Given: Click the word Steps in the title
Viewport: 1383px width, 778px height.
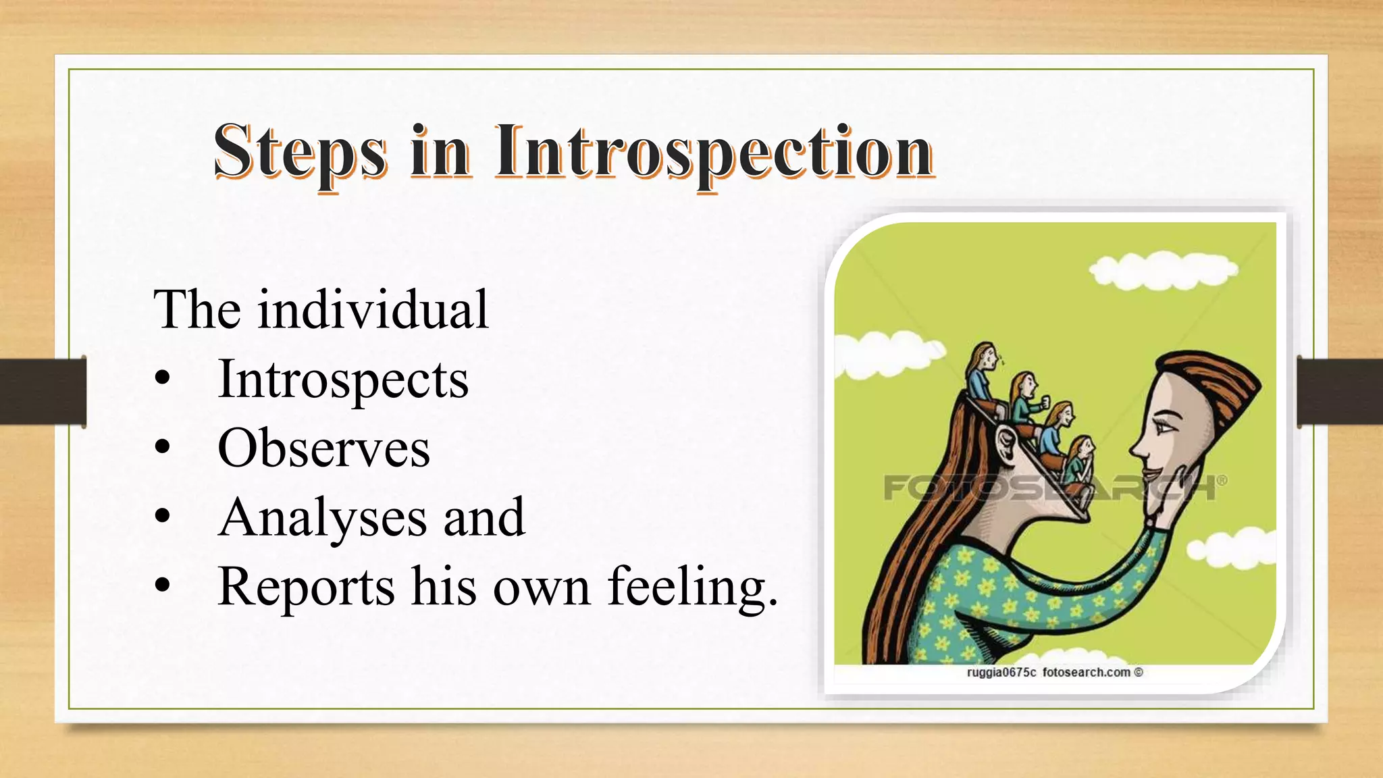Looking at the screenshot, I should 301,152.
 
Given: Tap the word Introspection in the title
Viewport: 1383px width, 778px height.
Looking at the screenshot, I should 714,152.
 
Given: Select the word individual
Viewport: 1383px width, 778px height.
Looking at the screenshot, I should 372,310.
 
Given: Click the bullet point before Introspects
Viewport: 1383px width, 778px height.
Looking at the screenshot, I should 162,380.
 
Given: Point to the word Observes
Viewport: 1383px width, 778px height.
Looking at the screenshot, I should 323,448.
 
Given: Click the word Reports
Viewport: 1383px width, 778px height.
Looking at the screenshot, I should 306,587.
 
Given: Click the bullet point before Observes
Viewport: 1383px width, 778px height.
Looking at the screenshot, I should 162,448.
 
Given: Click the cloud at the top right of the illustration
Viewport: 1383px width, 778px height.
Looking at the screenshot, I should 1162,269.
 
